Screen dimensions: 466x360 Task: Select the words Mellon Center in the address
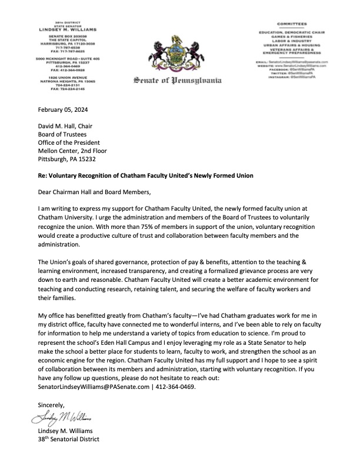point(59,150)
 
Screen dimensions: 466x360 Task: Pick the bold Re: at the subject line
point(42,175)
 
